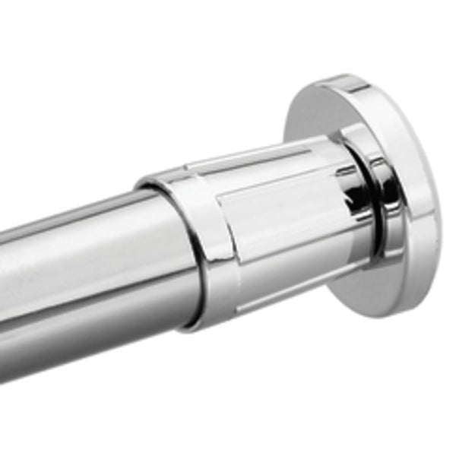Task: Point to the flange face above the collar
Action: (x=319, y=114)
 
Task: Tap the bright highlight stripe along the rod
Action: (x=76, y=251)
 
